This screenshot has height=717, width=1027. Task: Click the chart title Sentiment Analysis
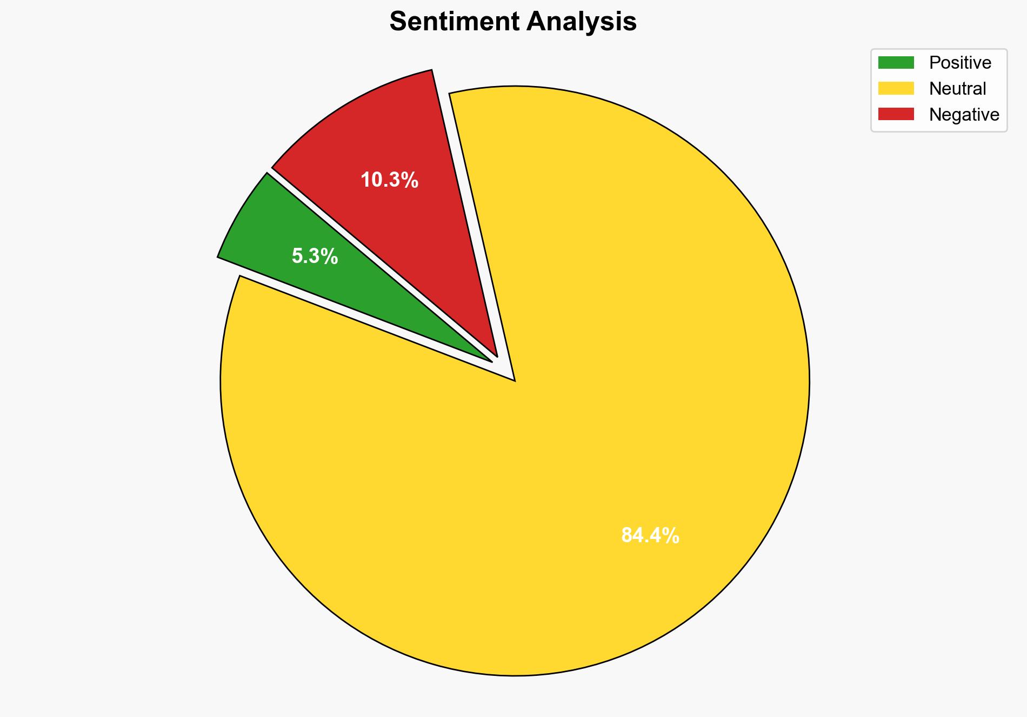tap(513, 22)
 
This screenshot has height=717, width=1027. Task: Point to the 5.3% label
tap(315, 256)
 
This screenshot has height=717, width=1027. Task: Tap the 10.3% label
tap(389, 180)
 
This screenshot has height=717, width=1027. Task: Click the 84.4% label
tap(650, 535)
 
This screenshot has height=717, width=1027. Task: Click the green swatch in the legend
tap(896, 63)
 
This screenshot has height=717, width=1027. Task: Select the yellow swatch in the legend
tap(896, 88)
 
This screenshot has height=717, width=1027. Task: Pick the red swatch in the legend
tap(896, 114)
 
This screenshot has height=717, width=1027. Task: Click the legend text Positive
tap(960, 63)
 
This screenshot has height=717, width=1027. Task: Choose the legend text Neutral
tap(957, 88)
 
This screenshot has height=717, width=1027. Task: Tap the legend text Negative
tap(964, 114)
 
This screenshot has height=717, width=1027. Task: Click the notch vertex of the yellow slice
tap(515, 380)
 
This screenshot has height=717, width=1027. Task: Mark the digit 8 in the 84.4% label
tap(627, 535)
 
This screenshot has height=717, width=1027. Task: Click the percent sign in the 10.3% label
tap(411, 180)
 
